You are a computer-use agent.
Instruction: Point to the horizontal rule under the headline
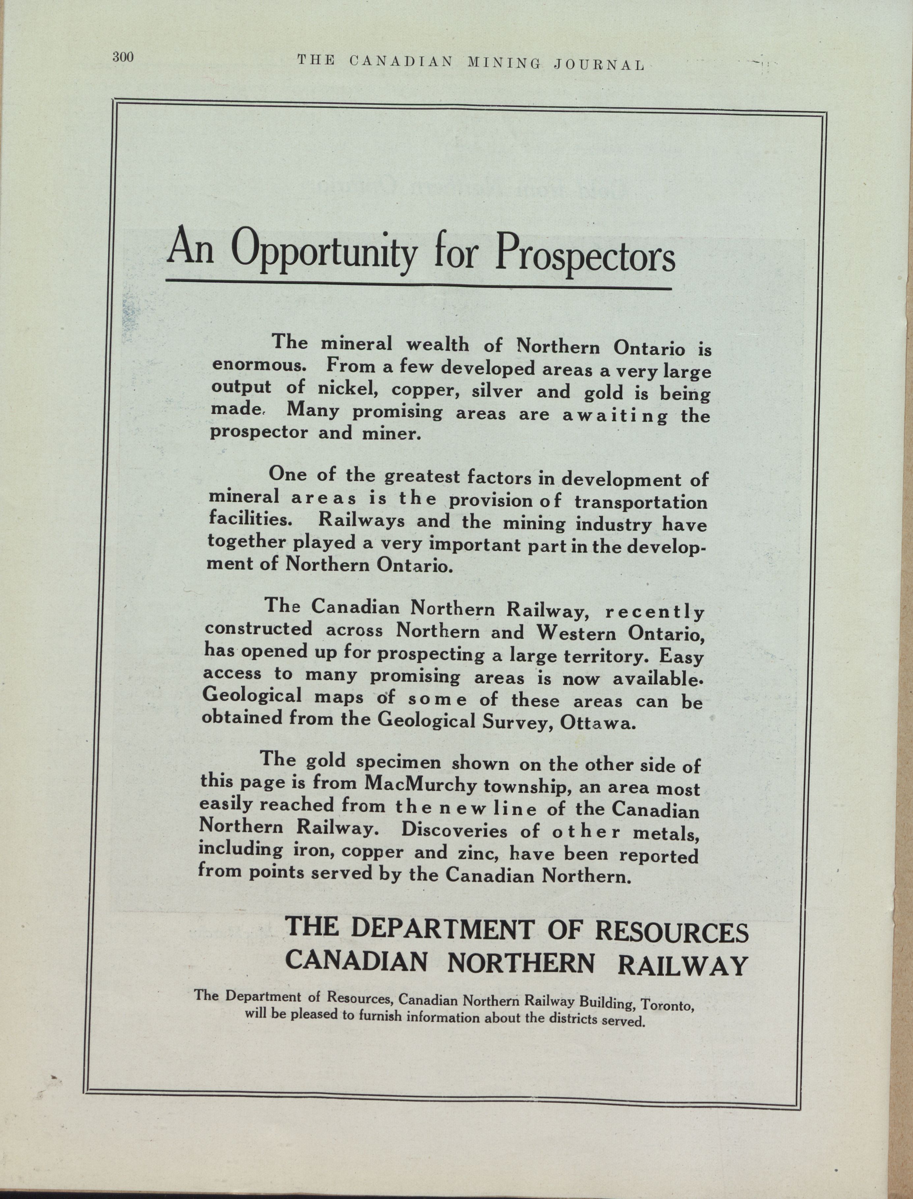pyautogui.click(x=419, y=284)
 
